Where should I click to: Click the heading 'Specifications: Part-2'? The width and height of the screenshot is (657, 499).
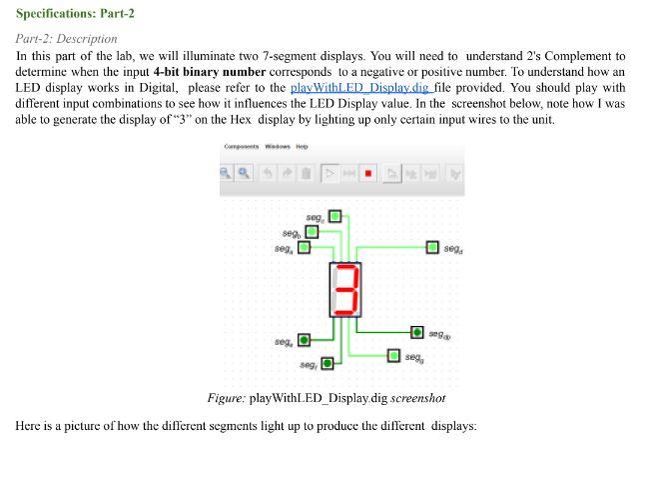pyautogui.click(x=75, y=14)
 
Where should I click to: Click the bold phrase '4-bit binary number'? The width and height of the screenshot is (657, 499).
pyautogui.click(x=210, y=72)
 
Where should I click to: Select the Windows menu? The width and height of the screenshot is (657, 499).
pyautogui.click(x=278, y=147)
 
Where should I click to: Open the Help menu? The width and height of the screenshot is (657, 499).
pyautogui.click(x=302, y=147)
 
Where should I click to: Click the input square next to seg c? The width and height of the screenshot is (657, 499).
pyautogui.click(x=334, y=216)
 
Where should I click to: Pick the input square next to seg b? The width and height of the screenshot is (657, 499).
pyautogui.click(x=312, y=232)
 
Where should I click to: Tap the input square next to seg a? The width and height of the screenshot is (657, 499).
pyautogui.click(x=304, y=247)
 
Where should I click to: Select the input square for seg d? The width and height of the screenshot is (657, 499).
pyautogui.click(x=432, y=247)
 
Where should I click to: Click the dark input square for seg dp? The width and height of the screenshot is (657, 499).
pyautogui.click(x=417, y=331)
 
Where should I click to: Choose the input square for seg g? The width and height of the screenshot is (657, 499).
pyautogui.click(x=394, y=356)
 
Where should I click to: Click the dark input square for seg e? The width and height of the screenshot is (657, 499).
pyautogui.click(x=304, y=341)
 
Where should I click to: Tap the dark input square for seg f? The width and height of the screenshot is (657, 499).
pyautogui.click(x=326, y=363)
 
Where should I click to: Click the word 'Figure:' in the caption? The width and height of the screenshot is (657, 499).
pyautogui.click(x=227, y=398)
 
